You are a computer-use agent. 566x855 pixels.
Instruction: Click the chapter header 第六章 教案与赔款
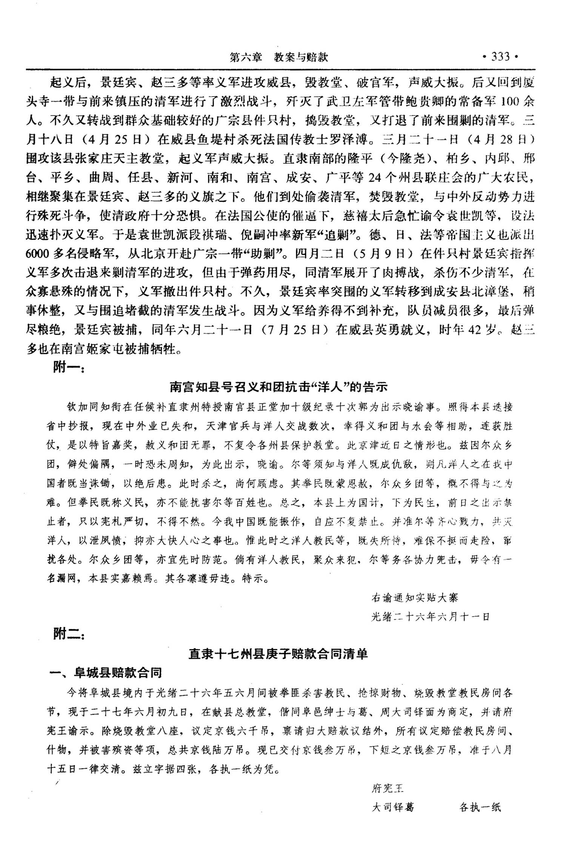tap(279, 57)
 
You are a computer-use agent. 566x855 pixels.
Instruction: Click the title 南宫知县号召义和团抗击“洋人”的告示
tap(278, 387)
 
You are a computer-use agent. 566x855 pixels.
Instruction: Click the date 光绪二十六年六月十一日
tap(431, 617)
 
